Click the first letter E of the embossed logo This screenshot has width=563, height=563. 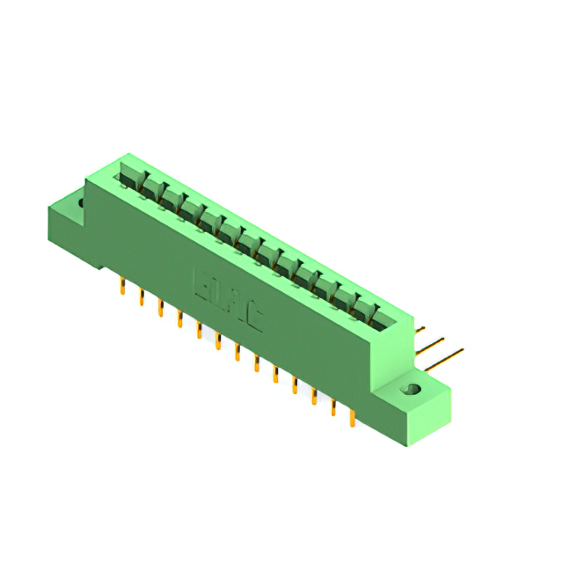pyautogui.click(x=200, y=284)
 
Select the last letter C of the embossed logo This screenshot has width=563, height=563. pyautogui.click(x=253, y=318)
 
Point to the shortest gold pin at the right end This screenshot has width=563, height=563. pyautogui.click(x=420, y=332)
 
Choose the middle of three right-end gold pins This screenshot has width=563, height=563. pyautogui.click(x=432, y=342)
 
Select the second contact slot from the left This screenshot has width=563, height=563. pyautogui.click(x=149, y=186)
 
